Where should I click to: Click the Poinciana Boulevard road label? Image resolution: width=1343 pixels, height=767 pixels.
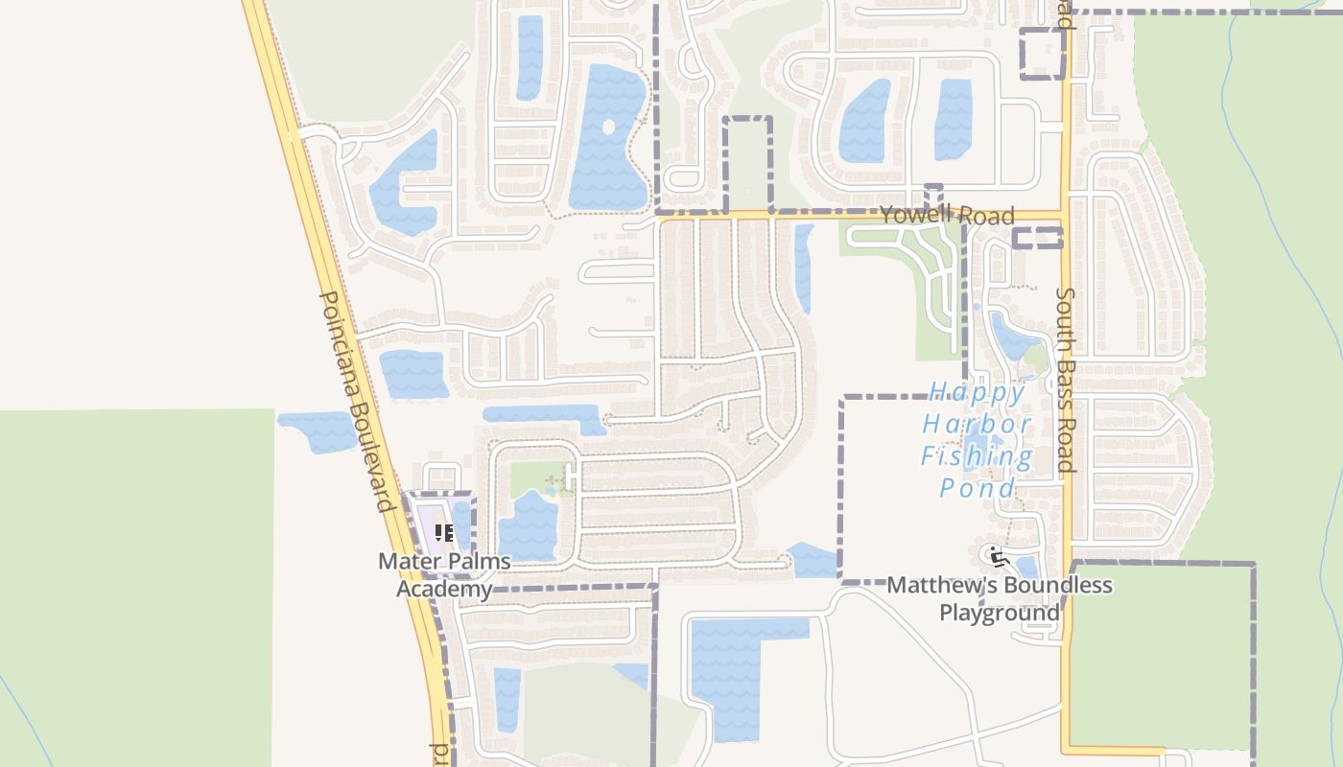[x=358, y=403]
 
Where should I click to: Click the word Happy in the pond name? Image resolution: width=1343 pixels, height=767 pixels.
[x=977, y=393]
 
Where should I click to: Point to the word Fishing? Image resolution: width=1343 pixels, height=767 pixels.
[x=977, y=456]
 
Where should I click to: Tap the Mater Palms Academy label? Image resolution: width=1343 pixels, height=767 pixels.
[x=444, y=574]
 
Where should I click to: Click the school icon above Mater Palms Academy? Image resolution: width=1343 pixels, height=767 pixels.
[x=443, y=533]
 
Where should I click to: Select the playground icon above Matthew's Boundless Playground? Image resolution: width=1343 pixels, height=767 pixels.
[x=996, y=555]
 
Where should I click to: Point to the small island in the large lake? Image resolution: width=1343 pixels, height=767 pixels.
[x=608, y=127]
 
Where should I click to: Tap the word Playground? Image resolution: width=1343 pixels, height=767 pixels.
[x=999, y=613]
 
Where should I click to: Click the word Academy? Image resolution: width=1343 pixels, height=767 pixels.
[x=444, y=589]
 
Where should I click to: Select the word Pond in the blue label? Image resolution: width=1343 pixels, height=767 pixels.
[x=977, y=488]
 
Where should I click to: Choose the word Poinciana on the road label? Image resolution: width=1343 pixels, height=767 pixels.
[x=339, y=340]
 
